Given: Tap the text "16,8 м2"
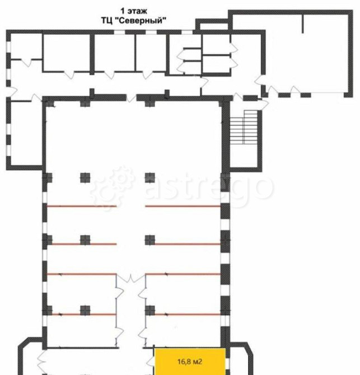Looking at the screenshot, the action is (190, 362).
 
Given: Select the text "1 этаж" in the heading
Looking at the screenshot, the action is (134, 11).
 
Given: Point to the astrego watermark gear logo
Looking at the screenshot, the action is (113, 187).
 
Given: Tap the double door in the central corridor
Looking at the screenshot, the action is (131, 279).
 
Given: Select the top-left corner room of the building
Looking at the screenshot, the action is (26, 46).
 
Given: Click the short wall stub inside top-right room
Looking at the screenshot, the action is (303, 24).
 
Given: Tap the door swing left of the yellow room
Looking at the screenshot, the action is (150, 360).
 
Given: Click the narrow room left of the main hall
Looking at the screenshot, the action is (26, 133).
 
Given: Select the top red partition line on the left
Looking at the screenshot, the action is (82, 206).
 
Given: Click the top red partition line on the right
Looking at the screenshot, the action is (183, 206).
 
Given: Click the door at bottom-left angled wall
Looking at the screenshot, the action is (43, 360).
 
